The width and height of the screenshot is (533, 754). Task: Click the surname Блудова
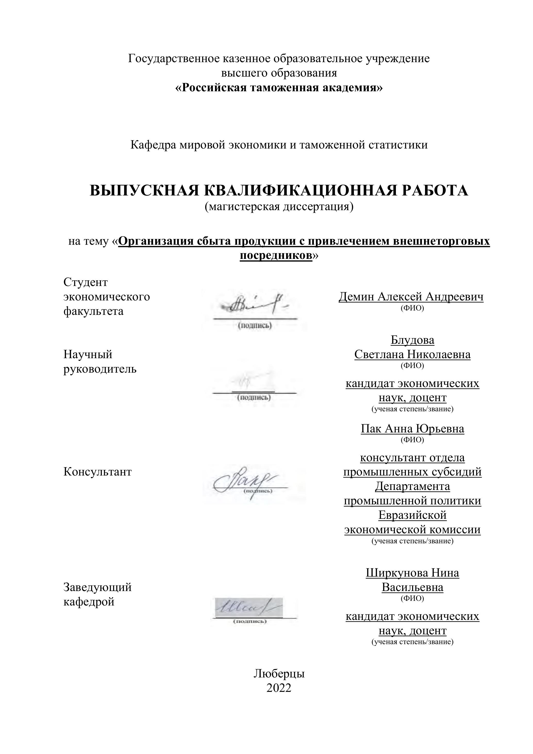pos(412,340)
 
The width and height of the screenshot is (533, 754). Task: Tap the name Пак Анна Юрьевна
pos(412,429)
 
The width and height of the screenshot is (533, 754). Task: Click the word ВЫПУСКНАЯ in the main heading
pos(144,191)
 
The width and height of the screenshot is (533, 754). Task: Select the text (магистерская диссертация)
pos(279,207)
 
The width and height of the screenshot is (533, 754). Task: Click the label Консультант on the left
pos(97,472)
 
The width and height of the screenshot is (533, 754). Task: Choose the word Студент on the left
pos(85,282)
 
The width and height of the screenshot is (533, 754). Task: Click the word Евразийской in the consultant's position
pos(412,515)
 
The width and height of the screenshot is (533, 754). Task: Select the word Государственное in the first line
pos(174,59)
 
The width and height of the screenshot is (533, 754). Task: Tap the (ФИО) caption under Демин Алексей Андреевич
pos(412,308)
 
